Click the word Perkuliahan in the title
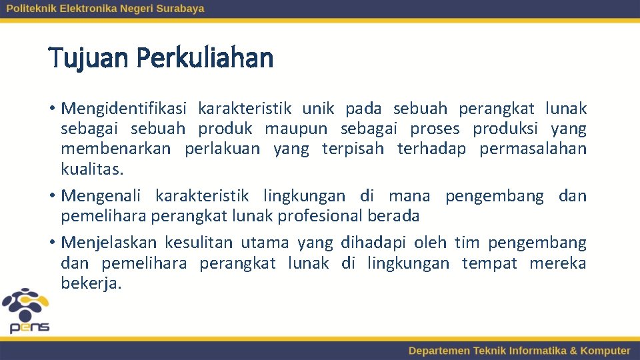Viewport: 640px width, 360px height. click(x=205, y=59)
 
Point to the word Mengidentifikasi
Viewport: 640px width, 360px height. click(x=125, y=109)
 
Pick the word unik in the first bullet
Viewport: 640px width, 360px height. click(x=317, y=109)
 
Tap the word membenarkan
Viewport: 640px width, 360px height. click(x=115, y=149)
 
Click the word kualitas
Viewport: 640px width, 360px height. click(x=92, y=169)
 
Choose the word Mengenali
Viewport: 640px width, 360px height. click(x=101, y=196)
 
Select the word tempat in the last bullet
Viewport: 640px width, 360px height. click(x=489, y=263)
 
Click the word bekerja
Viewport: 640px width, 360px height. click(x=91, y=283)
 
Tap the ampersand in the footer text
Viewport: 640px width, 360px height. click(x=573, y=351)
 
